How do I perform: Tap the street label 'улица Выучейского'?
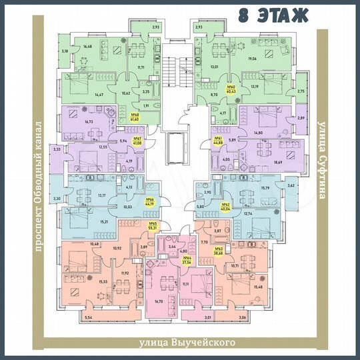pyautogui.click(x=188, y=343)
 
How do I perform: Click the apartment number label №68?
pyautogui.click(x=135, y=117)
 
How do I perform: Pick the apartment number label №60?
pyautogui.click(x=232, y=89)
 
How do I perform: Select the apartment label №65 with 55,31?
pyautogui.click(x=153, y=226)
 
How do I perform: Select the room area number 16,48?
pyautogui.click(x=87, y=47)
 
